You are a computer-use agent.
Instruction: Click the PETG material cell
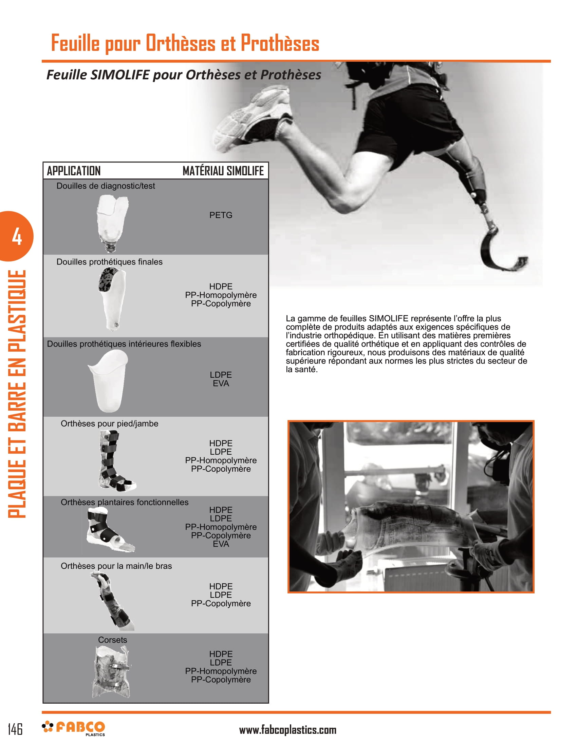221,215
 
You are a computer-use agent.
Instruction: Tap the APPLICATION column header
74,171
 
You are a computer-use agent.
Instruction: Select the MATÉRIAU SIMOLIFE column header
223,171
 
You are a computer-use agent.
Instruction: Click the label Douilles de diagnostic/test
106,186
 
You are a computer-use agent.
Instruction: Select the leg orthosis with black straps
114,460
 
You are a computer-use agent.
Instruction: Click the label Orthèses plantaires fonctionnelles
125,502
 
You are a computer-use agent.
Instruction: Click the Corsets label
112,640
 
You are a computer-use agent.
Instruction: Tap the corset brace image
111,672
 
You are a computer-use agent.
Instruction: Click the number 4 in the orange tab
17,237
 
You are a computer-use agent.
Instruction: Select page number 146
15,729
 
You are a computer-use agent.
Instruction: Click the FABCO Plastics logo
74,728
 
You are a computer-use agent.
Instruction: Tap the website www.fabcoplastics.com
287,730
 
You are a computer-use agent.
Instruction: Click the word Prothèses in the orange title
280,43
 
